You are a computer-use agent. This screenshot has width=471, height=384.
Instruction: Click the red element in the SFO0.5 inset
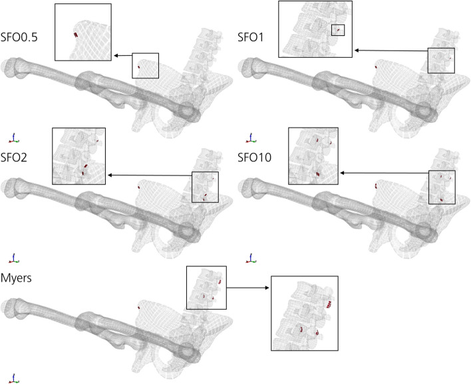click(x=76, y=36)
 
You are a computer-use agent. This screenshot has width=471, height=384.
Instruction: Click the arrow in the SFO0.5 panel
click(x=122, y=56)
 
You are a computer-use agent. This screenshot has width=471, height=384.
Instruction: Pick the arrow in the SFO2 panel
click(x=149, y=175)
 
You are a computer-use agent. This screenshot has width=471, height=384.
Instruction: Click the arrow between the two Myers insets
click(x=249, y=288)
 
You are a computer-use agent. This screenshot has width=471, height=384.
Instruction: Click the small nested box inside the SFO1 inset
click(x=338, y=30)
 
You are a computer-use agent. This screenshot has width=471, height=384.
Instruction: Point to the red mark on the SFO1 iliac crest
click(x=376, y=67)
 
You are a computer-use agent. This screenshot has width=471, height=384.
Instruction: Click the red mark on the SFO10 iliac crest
click(x=376, y=187)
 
